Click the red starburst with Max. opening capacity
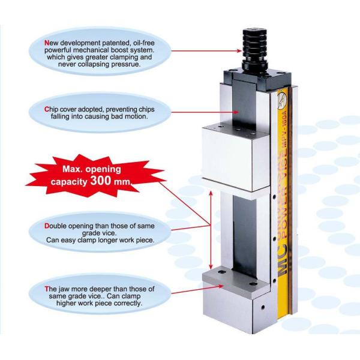[x=95, y=176]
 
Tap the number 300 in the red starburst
[x=101, y=181]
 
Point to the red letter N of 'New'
[x=47, y=43]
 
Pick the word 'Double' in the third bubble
[x=54, y=226]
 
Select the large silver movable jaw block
[x=236, y=158]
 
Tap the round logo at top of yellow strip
[x=283, y=101]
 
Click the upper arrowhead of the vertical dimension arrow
[x=211, y=194]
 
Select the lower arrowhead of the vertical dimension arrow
[x=211, y=267]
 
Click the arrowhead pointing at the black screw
[x=239, y=51]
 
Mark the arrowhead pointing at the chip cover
[x=236, y=112]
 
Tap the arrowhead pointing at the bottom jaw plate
[x=221, y=286]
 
